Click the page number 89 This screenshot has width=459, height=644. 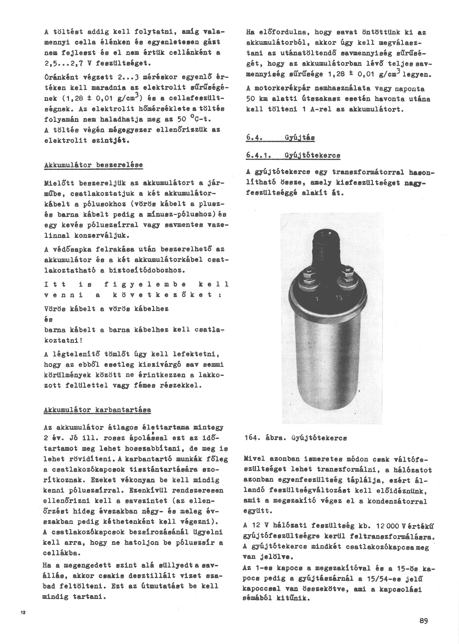tap(424, 621)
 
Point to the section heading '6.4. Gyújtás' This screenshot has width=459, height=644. tap(280, 138)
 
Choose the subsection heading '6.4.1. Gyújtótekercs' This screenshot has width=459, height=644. tap(293, 155)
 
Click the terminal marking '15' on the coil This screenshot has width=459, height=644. tap(339, 298)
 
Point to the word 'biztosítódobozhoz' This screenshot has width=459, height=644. tap(147, 270)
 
